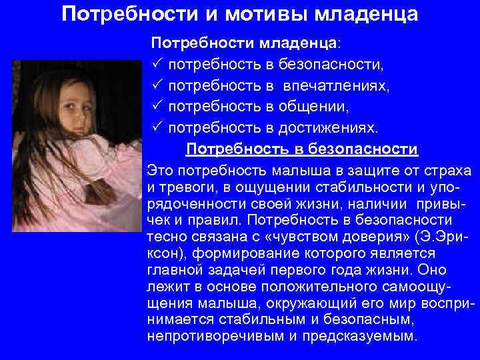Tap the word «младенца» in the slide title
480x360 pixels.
(x=373, y=14)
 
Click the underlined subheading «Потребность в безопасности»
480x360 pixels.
(x=301, y=148)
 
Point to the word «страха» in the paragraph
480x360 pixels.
(x=447, y=169)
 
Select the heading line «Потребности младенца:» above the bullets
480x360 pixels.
(x=245, y=44)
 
